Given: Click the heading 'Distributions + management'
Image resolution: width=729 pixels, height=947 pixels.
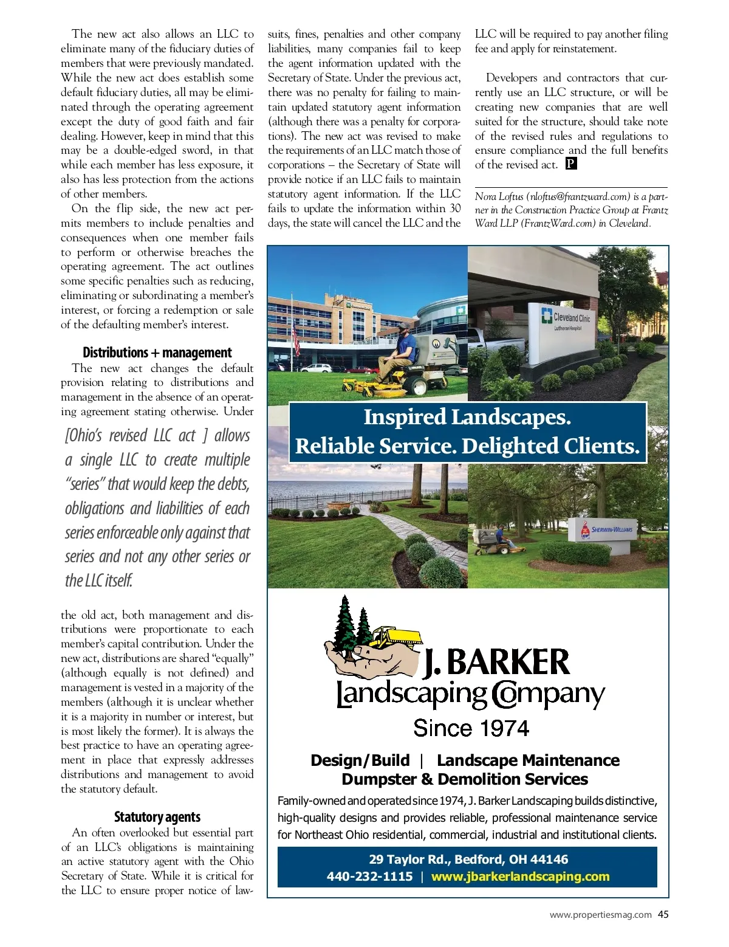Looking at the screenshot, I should point(157,353).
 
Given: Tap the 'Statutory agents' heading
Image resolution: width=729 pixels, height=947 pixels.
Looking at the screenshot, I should point(157,817).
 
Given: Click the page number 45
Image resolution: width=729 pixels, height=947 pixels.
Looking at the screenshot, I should point(663,914).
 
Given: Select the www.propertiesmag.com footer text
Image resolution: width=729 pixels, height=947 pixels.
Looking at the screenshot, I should point(600,914).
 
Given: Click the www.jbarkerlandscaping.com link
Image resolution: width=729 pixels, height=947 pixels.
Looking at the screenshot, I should point(520,876).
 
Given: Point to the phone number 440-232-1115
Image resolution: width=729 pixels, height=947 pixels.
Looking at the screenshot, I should point(369,876).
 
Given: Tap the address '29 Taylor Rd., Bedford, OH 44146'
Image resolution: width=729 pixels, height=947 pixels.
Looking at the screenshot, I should point(468,859).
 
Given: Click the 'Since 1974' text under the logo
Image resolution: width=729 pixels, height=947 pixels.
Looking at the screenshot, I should point(471,728).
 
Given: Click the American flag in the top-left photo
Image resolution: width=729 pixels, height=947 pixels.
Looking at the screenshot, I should point(296,338).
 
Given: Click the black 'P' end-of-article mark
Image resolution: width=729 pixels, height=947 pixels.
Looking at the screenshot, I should point(571,164).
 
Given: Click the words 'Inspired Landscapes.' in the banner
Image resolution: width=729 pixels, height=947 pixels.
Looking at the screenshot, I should point(467,418).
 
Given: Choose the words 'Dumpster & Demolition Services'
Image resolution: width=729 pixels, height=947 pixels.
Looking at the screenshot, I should point(465,779).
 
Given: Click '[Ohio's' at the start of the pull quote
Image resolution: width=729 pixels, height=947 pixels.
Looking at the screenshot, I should point(84,436).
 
